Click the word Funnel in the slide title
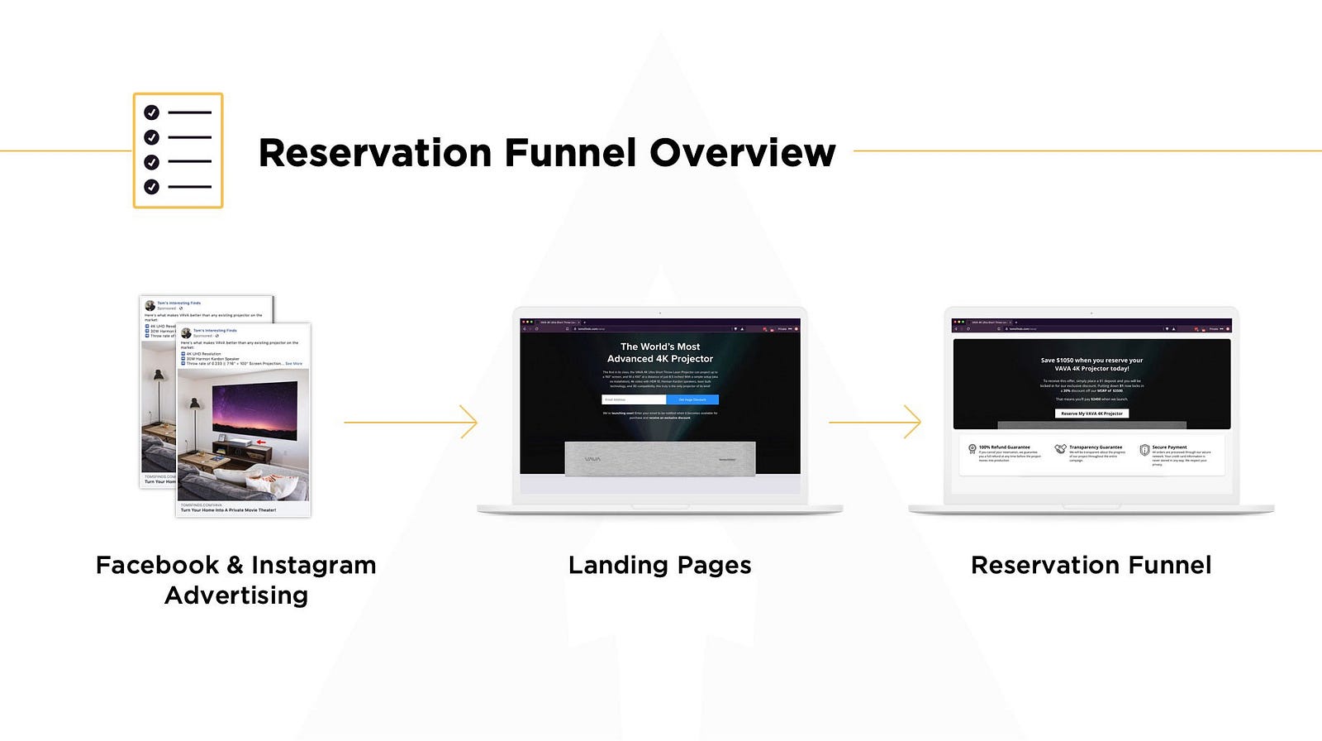570,153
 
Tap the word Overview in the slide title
742,153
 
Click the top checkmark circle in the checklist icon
151,112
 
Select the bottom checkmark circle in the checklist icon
151,187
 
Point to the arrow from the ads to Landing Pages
411,423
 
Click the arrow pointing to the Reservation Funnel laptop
875,423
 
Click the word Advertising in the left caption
236,595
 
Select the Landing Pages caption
659,565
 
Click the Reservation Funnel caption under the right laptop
1091,565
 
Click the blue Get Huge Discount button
692,399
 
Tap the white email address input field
634,399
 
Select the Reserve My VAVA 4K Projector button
1091,414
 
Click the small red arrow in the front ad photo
261,442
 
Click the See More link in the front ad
293,364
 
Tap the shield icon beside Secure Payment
1144,450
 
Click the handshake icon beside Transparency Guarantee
1060,449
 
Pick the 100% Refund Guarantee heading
1004,447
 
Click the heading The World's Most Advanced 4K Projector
659,352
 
